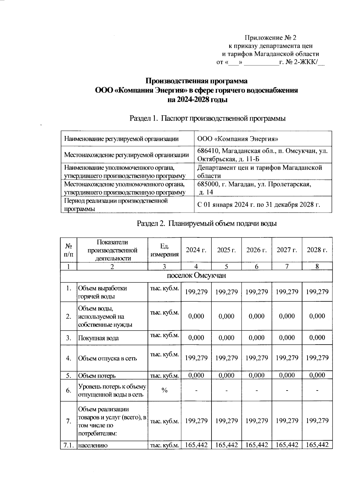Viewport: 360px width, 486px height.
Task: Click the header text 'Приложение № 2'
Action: [271, 38]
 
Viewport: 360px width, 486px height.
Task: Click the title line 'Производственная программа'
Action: [196, 81]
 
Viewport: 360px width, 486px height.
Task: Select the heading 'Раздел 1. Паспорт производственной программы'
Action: [207, 119]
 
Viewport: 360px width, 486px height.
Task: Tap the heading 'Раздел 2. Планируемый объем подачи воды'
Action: [207, 224]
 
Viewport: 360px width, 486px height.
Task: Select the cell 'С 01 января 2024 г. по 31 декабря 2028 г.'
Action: [259, 205]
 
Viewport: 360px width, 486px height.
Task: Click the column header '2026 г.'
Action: [256, 250]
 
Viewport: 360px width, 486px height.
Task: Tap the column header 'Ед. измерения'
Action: [164, 250]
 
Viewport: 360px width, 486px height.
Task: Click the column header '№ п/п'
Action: [69, 250]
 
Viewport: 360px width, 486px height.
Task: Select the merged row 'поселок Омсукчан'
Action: [196, 276]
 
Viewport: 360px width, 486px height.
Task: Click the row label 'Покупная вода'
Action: [98, 338]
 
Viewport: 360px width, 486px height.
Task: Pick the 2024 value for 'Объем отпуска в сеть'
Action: [196, 358]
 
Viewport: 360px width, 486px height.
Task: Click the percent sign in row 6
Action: [164, 390]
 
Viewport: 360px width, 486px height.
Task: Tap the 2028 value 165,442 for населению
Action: [317, 445]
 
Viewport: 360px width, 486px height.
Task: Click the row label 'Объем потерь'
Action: [97, 376]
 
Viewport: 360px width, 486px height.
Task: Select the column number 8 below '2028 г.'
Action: [317, 266]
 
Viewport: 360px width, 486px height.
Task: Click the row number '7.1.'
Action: [69, 445]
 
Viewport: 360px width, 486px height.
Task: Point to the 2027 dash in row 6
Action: [287, 390]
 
